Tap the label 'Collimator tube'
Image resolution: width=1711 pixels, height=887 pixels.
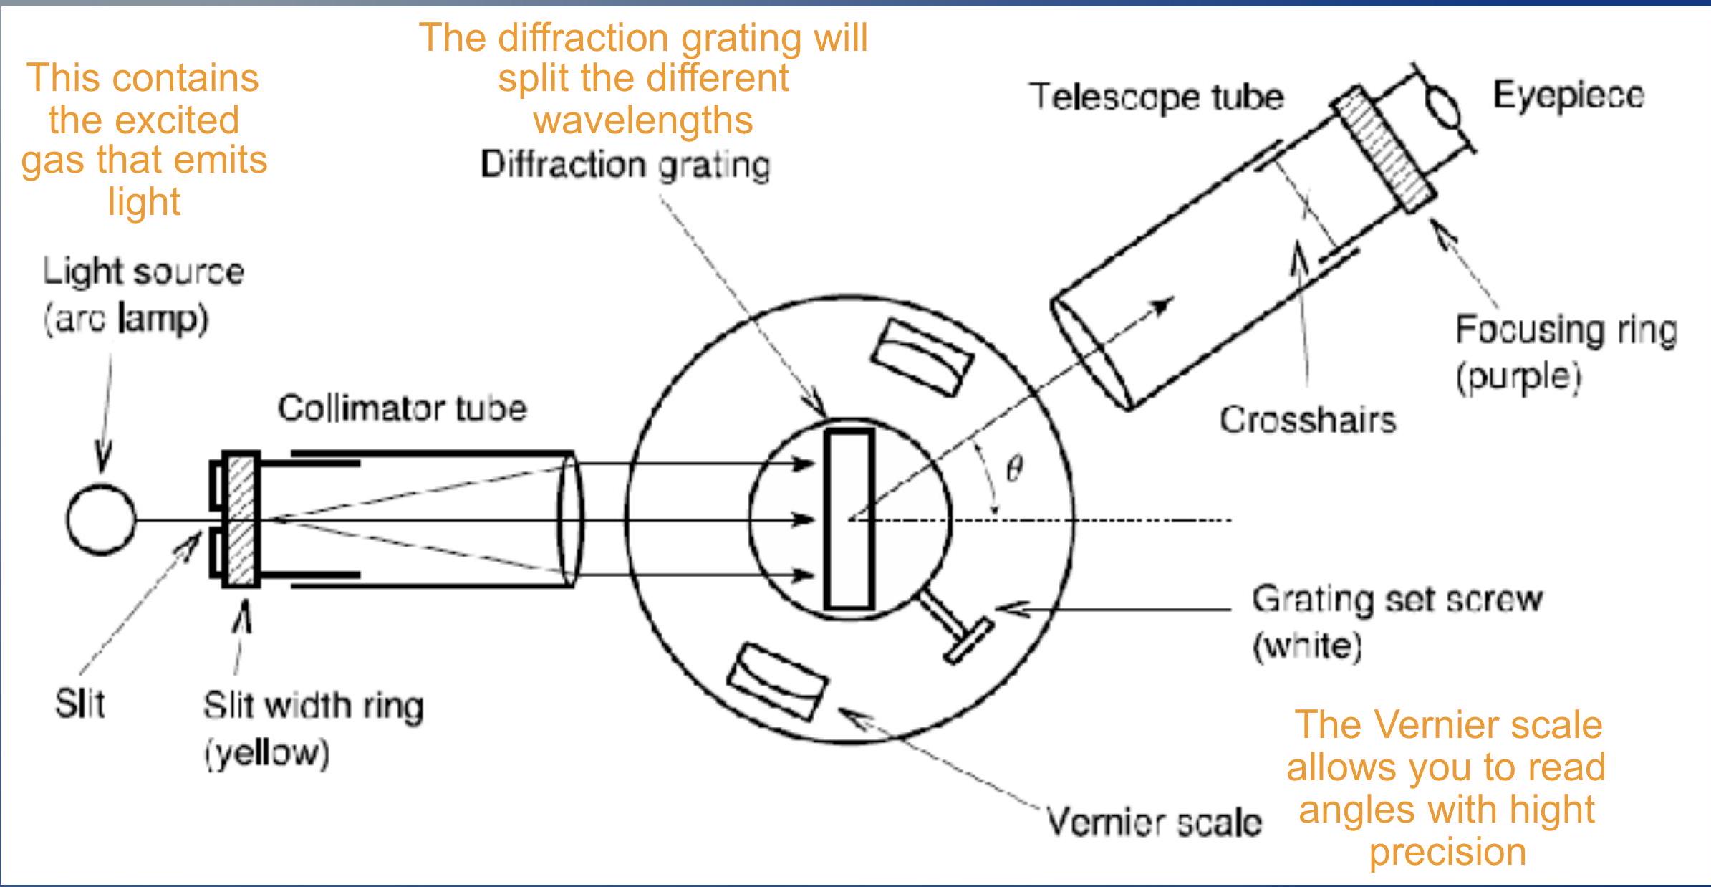tap(402, 409)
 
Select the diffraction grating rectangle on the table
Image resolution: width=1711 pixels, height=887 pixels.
tap(849, 519)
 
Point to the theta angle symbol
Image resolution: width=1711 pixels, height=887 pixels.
tap(1014, 469)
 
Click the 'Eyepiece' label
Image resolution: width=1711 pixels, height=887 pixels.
tap(1568, 96)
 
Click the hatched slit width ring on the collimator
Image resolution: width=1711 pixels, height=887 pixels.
tap(241, 519)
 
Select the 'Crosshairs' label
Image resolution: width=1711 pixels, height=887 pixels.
tap(1308, 421)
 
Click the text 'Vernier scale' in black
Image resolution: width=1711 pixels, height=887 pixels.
tap(1154, 823)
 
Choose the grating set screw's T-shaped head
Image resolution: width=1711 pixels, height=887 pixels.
tap(968, 641)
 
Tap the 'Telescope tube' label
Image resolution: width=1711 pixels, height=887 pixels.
tap(1157, 97)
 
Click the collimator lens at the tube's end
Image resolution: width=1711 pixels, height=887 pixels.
tap(570, 519)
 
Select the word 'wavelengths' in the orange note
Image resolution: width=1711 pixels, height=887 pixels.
tap(643, 120)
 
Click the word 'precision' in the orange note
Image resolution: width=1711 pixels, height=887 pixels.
tap(1447, 852)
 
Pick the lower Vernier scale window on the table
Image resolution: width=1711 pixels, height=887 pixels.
tap(777, 681)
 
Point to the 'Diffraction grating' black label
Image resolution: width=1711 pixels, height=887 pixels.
tap(625, 166)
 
